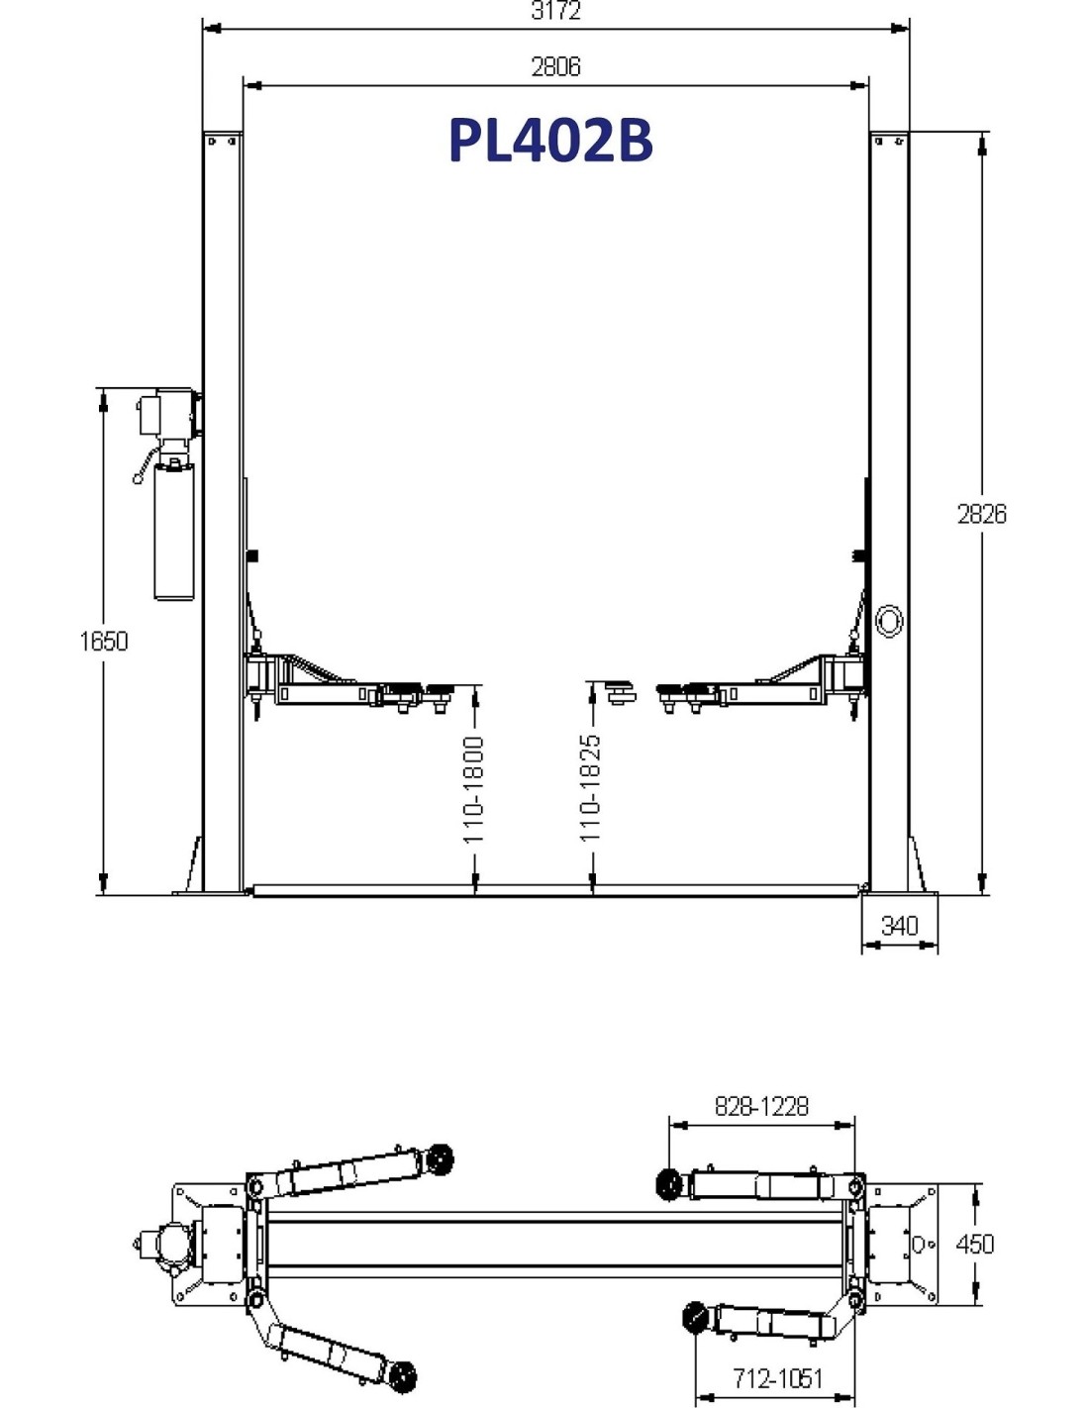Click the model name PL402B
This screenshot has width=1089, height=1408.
pyautogui.click(x=550, y=141)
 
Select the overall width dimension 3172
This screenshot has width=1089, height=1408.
pyautogui.click(x=555, y=11)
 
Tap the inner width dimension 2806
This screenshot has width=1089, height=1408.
pyautogui.click(x=555, y=66)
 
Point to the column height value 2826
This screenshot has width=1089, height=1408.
pyautogui.click(x=982, y=514)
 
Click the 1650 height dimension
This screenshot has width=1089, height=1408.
pyautogui.click(x=104, y=642)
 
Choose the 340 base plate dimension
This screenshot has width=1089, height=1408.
pyautogui.click(x=900, y=926)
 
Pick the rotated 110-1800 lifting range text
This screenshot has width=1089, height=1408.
pyautogui.click(x=474, y=790)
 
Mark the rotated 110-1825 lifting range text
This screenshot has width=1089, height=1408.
pyautogui.click(x=591, y=788)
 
